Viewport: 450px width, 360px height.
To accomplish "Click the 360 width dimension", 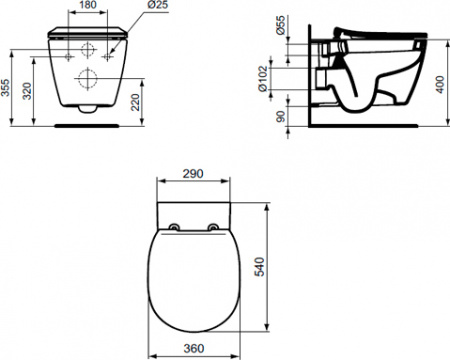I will (x=196, y=349).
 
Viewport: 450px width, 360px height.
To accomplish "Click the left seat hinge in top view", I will (x=175, y=226).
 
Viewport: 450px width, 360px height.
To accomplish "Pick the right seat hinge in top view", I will (x=214, y=226).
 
